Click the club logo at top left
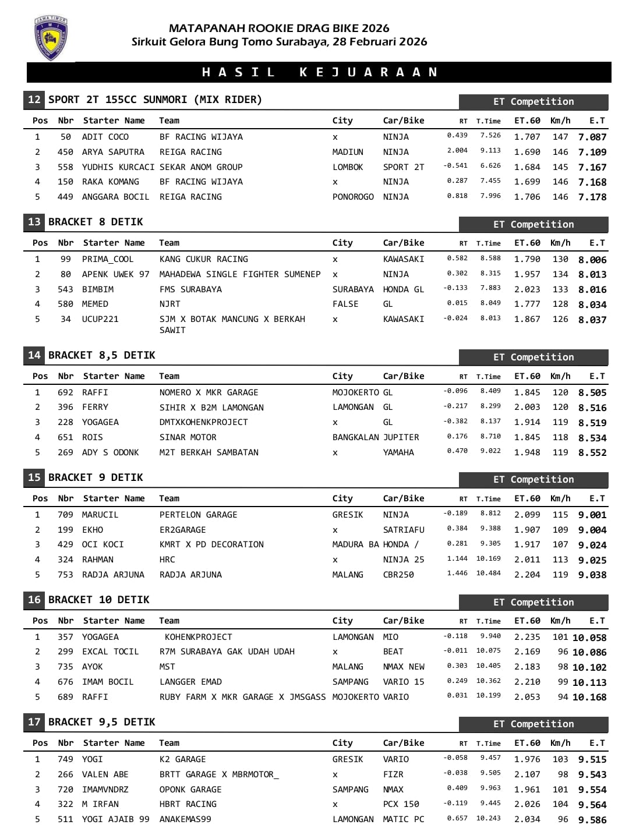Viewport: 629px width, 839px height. [x=51, y=38]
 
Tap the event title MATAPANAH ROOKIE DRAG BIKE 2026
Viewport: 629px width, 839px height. [x=279, y=28]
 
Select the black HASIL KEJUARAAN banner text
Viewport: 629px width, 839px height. [x=319, y=72]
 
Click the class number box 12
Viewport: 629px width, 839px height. [x=34, y=100]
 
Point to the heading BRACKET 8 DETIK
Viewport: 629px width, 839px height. [x=96, y=222]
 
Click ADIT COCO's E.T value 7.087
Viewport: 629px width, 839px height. [x=592, y=137]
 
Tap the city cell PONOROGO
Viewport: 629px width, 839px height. [x=353, y=197]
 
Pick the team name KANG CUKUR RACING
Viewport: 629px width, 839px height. [x=203, y=259]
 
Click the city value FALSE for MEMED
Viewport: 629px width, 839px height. [x=345, y=304]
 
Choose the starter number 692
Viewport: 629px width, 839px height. [x=65, y=392]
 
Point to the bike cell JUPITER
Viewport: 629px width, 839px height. [x=401, y=437]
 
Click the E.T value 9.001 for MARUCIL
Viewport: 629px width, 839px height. [x=592, y=515]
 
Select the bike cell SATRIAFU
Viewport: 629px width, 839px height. [x=403, y=530]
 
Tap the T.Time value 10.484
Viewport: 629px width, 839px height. [x=488, y=574]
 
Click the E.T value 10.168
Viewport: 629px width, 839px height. [x=589, y=697]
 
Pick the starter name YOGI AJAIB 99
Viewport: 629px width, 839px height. [x=115, y=819]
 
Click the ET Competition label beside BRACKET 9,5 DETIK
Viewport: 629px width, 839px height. [x=533, y=724]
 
